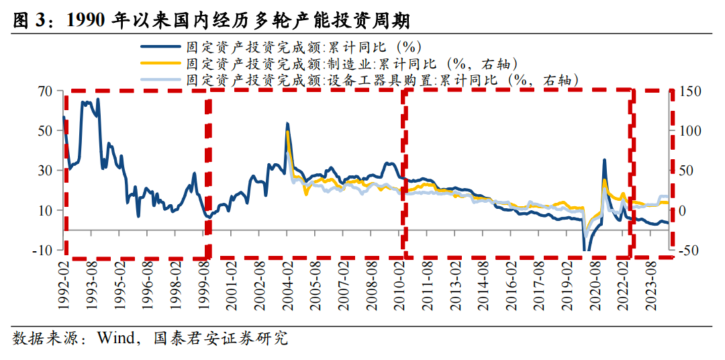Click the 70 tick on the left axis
pos(44,91)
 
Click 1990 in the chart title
pos(87,21)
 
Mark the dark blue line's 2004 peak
pos(287,124)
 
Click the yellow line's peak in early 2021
pos(604,180)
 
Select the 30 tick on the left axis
pos(44,171)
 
